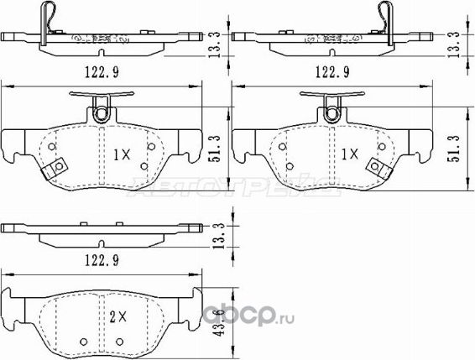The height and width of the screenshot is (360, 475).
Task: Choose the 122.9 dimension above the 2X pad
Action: pos(102,261)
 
